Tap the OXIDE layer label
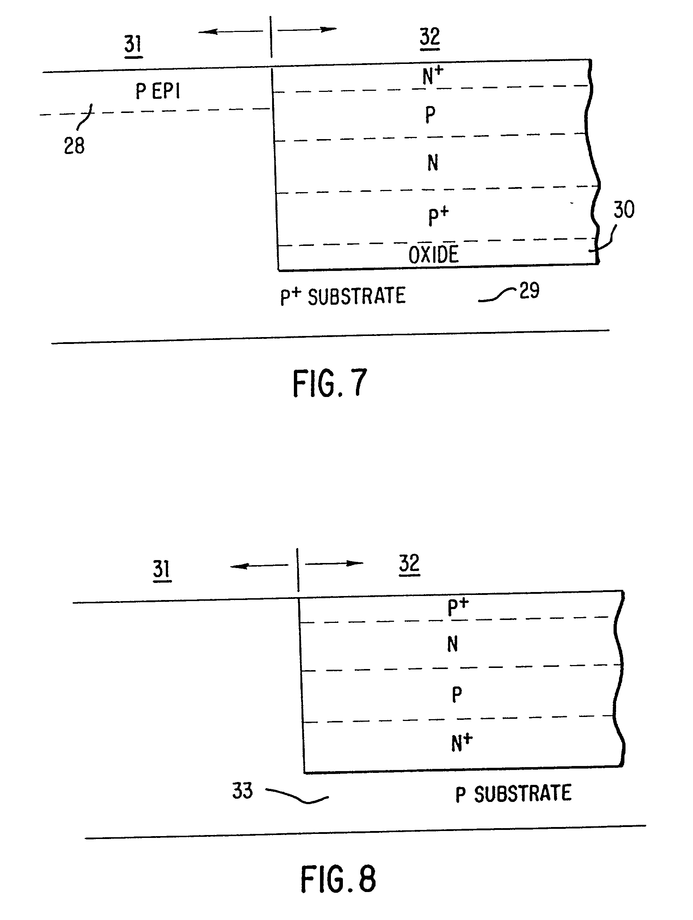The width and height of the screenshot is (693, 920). (433, 255)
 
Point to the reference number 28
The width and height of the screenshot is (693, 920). (74, 146)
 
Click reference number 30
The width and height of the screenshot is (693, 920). (624, 209)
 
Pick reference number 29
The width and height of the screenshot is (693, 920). (529, 290)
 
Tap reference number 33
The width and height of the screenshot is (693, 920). (242, 791)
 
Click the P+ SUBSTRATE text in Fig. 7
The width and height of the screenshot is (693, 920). (343, 296)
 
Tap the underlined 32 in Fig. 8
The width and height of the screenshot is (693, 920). (409, 564)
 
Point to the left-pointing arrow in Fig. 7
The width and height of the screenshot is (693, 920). (231, 32)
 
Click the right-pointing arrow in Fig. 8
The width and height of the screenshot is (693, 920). (334, 564)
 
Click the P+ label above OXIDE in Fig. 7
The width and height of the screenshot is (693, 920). (438, 216)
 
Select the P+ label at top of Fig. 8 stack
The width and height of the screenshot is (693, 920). (458, 607)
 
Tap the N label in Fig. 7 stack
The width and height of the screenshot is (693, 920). (432, 163)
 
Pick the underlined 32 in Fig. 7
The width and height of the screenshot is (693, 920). (430, 37)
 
